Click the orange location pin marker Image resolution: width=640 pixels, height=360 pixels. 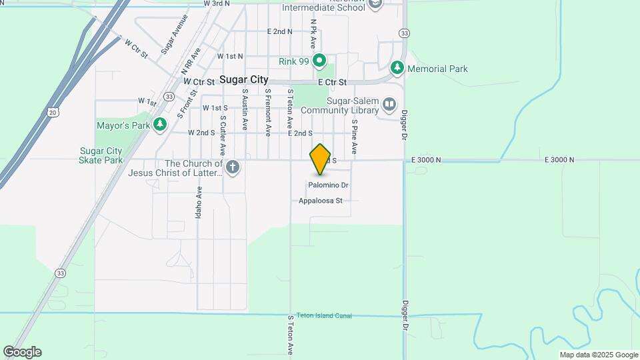(x=321, y=159)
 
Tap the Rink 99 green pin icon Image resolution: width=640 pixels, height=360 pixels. (x=319, y=62)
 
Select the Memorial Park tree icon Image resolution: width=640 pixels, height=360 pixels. (x=397, y=68)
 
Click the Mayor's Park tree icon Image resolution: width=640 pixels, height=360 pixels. (x=159, y=124)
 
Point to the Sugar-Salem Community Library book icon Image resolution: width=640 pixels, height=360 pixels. (x=389, y=105)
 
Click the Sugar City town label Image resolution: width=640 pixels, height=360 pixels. (x=245, y=80)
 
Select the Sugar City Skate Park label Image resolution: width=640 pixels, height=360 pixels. (x=101, y=155)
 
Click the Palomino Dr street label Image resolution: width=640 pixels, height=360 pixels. (x=328, y=185)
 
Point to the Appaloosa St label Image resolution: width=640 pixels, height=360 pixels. (x=320, y=201)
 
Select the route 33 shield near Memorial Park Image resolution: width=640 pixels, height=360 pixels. (x=404, y=33)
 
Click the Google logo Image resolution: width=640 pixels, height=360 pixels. (x=22, y=352)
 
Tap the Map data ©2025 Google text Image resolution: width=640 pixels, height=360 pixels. (x=599, y=355)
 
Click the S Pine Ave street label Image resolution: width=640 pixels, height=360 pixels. (x=355, y=137)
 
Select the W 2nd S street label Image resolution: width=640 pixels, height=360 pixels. (x=201, y=133)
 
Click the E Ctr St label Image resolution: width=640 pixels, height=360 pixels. (x=333, y=82)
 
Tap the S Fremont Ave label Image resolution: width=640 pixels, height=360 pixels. (x=267, y=112)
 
